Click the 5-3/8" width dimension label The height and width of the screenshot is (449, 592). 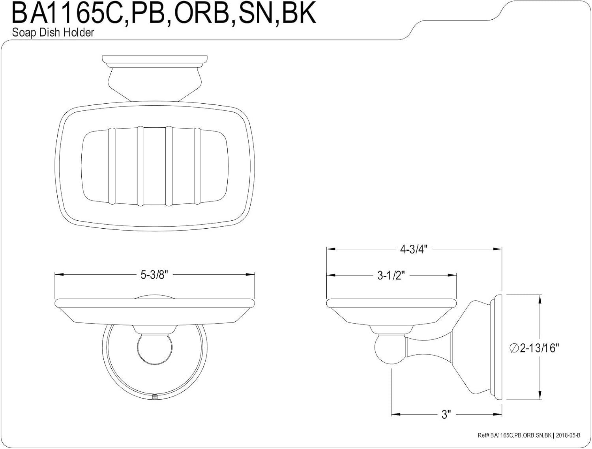(154, 275)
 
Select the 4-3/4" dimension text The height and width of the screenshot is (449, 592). (414, 250)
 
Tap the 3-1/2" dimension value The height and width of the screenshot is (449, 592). (391, 276)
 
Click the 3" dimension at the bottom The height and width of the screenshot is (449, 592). (446, 414)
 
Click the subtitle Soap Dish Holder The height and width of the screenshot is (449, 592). (53, 33)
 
